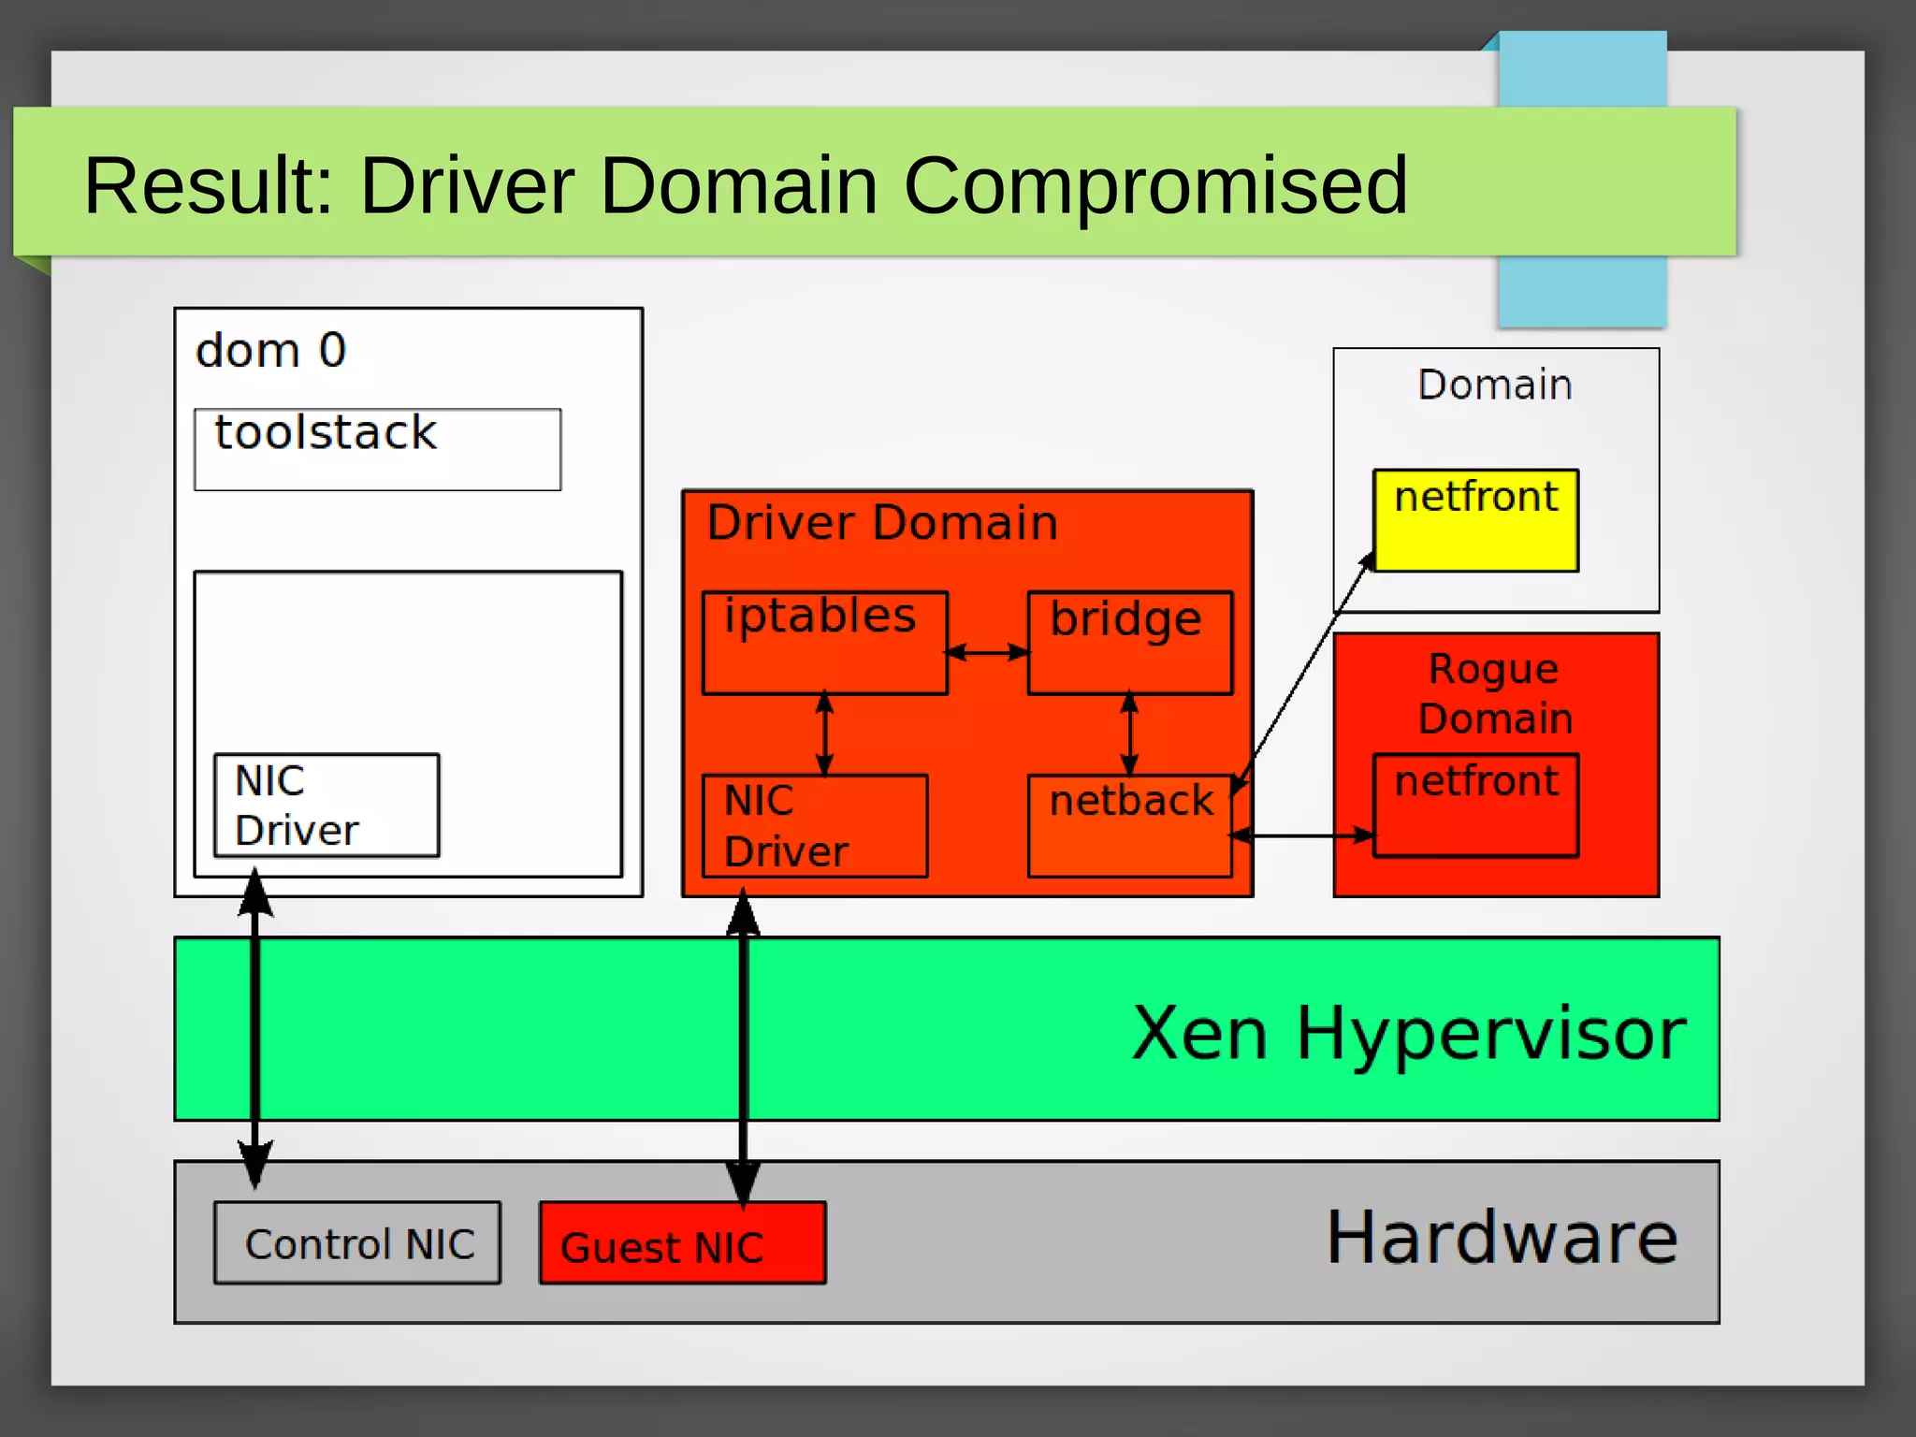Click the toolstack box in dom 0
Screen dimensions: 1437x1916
point(377,449)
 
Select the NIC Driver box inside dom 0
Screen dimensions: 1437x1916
point(326,806)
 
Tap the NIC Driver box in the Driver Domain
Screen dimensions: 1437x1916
point(814,826)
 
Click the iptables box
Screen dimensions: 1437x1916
point(824,643)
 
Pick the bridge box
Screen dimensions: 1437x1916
point(1129,643)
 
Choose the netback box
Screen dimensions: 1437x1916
point(1129,826)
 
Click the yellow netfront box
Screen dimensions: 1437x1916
point(1475,520)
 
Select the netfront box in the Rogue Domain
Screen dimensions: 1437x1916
point(1475,806)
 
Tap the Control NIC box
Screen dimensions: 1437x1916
point(357,1243)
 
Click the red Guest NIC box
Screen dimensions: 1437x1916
point(682,1243)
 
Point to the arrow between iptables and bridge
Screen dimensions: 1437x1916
point(987,652)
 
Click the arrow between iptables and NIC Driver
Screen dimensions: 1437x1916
point(824,734)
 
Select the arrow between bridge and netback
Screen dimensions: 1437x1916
point(1129,734)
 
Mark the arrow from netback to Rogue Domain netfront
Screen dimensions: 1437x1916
point(1302,835)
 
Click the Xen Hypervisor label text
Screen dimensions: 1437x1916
point(1408,1033)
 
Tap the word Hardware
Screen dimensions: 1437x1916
point(1502,1237)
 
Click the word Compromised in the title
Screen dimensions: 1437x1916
point(1154,185)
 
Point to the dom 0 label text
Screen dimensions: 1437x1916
point(270,351)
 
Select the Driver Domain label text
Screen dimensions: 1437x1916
point(881,522)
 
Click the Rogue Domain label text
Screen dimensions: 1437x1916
point(1494,693)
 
